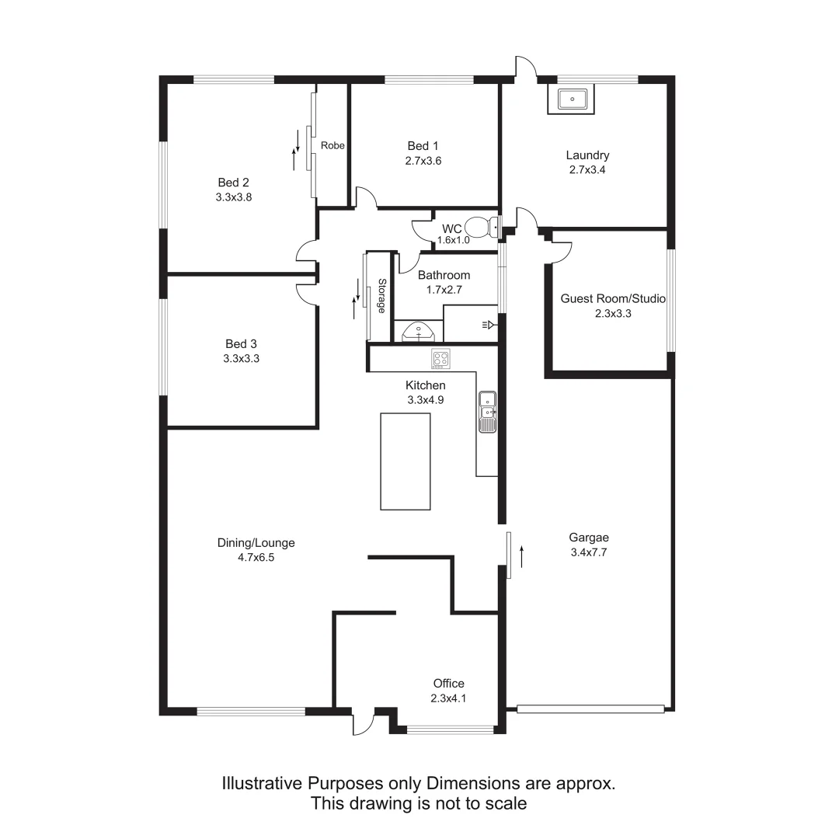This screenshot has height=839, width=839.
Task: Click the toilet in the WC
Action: coord(487,227)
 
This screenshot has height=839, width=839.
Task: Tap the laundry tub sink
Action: coord(572,99)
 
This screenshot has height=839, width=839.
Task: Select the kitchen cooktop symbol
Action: coord(441,359)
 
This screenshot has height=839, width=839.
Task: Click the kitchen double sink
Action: coord(488,412)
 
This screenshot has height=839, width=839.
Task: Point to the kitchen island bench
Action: coord(405,461)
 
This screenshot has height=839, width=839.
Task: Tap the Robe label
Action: coord(332,145)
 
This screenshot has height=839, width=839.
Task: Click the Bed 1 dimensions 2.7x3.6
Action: coord(423,161)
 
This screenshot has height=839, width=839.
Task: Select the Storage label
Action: coord(381,295)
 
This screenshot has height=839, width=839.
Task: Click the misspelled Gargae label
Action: coord(589,538)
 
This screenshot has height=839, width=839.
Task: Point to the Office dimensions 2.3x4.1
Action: coord(448,698)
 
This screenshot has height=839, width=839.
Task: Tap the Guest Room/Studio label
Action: coord(613,298)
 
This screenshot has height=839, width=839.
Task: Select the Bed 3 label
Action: coord(241,344)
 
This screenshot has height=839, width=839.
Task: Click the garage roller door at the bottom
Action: coord(590,708)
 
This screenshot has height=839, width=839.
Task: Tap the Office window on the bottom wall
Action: coord(451,729)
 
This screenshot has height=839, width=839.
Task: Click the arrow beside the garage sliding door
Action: coord(522,556)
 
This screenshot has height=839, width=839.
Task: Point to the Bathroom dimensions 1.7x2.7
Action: coord(444,290)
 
